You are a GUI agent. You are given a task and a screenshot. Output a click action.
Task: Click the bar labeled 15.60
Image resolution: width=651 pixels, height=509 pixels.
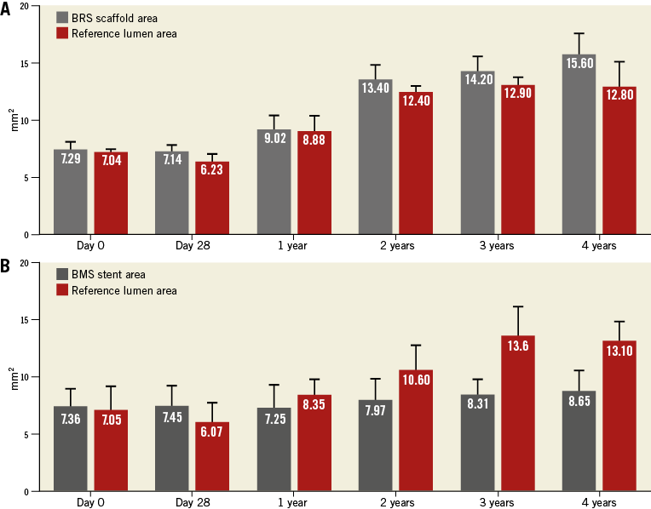(x=578, y=145)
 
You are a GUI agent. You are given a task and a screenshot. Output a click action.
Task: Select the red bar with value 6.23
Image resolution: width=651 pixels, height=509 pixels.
(x=212, y=198)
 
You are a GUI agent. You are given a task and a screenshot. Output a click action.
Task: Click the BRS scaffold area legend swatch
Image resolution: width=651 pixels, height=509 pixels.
(x=63, y=18)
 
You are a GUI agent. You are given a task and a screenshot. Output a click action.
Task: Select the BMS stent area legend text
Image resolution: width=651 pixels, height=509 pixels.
(x=110, y=274)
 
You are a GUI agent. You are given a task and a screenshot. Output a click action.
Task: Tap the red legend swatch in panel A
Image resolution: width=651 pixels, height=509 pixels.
(x=63, y=33)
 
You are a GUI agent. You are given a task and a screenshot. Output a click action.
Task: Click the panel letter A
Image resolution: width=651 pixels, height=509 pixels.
(x=6, y=8)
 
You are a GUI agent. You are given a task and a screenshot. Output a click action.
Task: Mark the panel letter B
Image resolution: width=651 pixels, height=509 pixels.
(x=6, y=265)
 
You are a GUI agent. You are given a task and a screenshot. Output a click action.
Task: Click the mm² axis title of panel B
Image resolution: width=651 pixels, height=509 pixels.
(x=12, y=377)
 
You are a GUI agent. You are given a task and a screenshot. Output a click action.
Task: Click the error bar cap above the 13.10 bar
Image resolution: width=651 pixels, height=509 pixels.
(x=619, y=322)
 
